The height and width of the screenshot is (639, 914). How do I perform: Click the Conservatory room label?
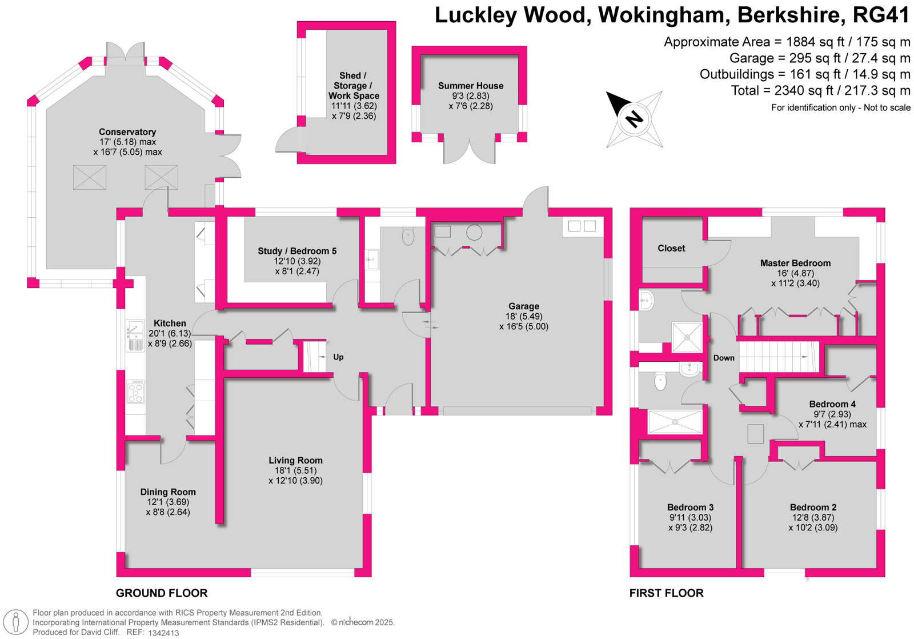point(127,132)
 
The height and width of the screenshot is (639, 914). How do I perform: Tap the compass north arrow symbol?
point(634,119)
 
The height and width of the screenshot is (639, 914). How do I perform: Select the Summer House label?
point(471,86)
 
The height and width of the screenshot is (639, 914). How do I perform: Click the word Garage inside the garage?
point(524,306)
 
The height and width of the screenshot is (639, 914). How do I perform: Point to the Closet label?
point(671,248)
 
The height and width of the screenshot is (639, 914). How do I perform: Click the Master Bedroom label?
point(795,263)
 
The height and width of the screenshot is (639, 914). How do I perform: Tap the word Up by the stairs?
point(338,357)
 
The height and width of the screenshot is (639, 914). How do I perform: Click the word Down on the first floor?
point(724,358)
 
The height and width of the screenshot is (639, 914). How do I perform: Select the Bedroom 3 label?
point(690,507)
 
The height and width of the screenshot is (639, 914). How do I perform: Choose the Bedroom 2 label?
point(813,507)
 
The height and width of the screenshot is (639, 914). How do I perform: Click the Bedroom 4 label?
point(832,404)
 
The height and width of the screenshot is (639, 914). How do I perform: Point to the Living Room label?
point(295,460)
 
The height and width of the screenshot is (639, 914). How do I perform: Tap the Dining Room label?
point(168,492)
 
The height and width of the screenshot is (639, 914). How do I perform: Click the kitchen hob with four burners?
point(135,392)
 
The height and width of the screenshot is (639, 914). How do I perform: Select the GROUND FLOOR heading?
point(162,593)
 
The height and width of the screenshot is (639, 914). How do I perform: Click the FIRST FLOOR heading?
point(666,593)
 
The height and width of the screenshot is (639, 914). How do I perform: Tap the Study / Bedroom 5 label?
point(297,251)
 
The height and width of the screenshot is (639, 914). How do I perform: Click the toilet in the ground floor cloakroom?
point(408,237)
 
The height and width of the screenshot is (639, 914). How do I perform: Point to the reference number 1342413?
point(163,633)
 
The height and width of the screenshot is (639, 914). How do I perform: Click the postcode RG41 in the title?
point(881,15)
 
